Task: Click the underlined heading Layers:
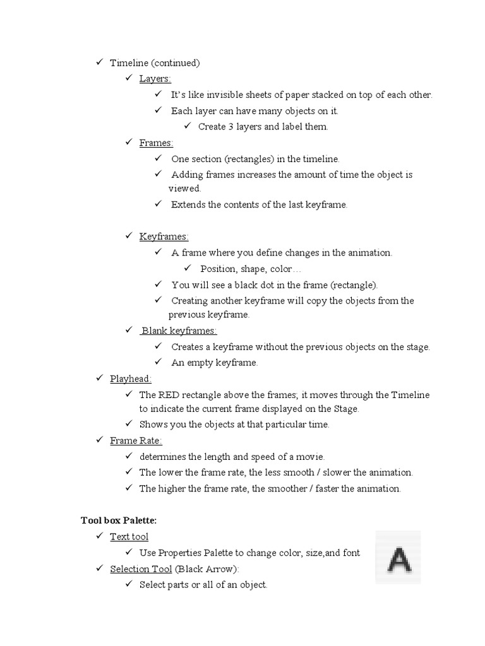[155, 79]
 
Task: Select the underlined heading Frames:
[156, 143]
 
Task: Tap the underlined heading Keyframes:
[164, 237]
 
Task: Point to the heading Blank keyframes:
[179, 331]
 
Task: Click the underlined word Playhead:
[131, 379]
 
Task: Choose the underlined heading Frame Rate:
[136, 441]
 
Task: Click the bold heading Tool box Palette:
[119, 520]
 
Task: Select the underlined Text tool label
[129, 537]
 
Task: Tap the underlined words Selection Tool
[141, 569]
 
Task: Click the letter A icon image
[398, 558]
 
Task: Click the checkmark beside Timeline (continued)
[99, 62]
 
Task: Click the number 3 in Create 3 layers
[229, 127]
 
